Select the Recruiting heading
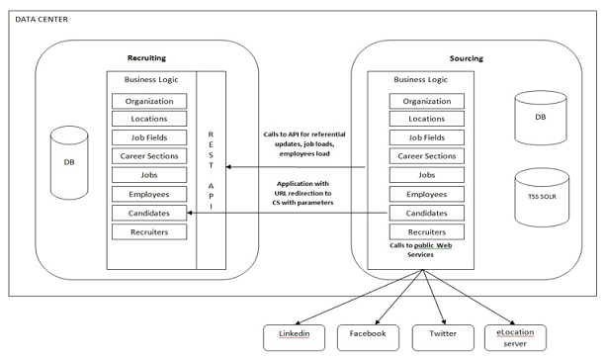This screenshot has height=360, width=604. (x=148, y=58)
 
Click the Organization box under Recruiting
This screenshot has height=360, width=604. (x=148, y=101)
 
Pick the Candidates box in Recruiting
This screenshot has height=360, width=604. (x=148, y=213)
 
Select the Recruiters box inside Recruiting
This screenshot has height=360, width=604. (x=148, y=231)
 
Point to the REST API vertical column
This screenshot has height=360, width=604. (x=210, y=168)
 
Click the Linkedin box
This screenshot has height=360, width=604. (x=295, y=334)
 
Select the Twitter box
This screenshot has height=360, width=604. (x=441, y=334)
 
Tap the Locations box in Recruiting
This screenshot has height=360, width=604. (x=148, y=120)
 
